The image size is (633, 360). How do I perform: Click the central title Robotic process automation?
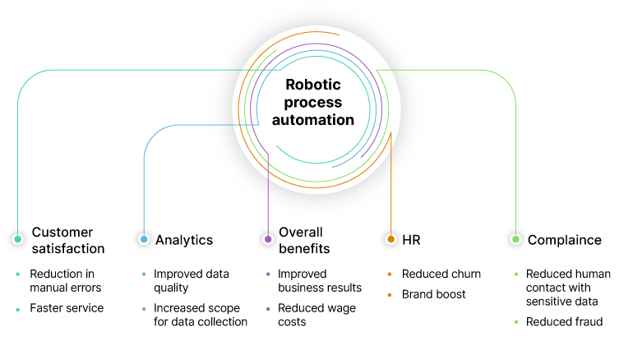pyautogui.click(x=319, y=102)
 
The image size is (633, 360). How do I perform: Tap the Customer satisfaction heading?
pyautogui.click(x=68, y=240)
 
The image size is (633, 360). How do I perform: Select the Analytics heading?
pyautogui.click(x=184, y=240)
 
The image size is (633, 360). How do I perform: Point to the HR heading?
pyautogui.click(x=411, y=240)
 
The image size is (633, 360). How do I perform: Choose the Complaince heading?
pyautogui.click(x=565, y=240)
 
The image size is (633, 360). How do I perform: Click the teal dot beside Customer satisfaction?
pyautogui.click(x=17, y=239)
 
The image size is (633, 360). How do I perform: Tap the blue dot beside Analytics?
pyautogui.click(x=144, y=239)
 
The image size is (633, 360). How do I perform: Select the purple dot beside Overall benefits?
pyautogui.click(x=268, y=239)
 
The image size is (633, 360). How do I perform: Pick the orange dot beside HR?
pyautogui.click(x=390, y=239)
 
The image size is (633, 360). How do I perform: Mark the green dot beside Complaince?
pyautogui.click(x=515, y=239)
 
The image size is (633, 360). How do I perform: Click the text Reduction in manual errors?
pyautogui.click(x=66, y=280)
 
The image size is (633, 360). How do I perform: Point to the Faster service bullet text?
pyautogui.click(x=67, y=307)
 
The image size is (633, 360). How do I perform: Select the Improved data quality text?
pyautogui.click(x=192, y=280)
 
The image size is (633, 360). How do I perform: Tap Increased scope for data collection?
pyautogui.click(x=201, y=315)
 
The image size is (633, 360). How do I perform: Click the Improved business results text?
pyautogui.click(x=320, y=280)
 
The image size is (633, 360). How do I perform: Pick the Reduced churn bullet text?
pyautogui.click(x=441, y=274)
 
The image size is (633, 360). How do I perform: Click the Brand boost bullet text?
pyautogui.click(x=434, y=293)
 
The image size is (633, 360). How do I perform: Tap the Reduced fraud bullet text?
pyautogui.click(x=564, y=321)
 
